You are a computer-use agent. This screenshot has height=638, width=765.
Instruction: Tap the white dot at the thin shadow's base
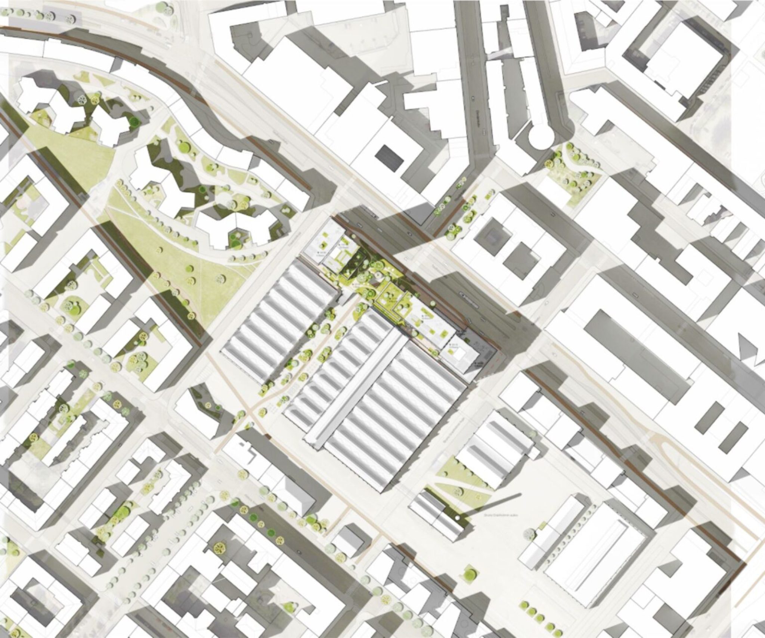point(457,518)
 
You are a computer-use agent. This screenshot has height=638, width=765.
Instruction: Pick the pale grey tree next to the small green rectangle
point(530,534)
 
